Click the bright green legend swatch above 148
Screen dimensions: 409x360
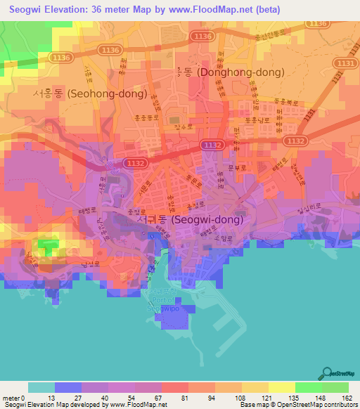click(308, 387)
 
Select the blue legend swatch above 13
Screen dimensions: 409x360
click(68, 387)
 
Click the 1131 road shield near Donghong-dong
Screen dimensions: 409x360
click(347, 63)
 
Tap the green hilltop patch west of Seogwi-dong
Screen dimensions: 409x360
click(46, 247)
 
